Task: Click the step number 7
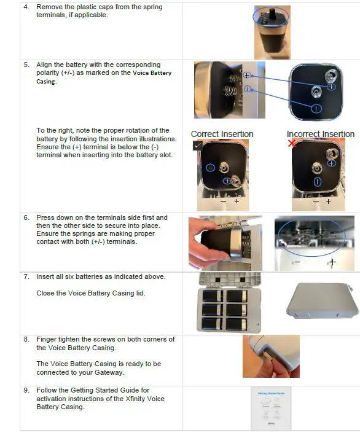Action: pos(26,276)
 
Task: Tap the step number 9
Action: pos(26,390)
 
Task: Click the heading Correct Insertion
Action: pos(222,134)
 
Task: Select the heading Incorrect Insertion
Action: pos(320,134)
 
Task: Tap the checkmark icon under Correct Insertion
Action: pos(197,145)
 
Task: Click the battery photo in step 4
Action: pos(272,31)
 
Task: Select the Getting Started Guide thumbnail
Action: pos(271,408)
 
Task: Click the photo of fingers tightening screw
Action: pos(271,356)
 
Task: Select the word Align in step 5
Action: pos(45,65)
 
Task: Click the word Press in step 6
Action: pos(47,217)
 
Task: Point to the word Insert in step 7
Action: pos(46,276)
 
